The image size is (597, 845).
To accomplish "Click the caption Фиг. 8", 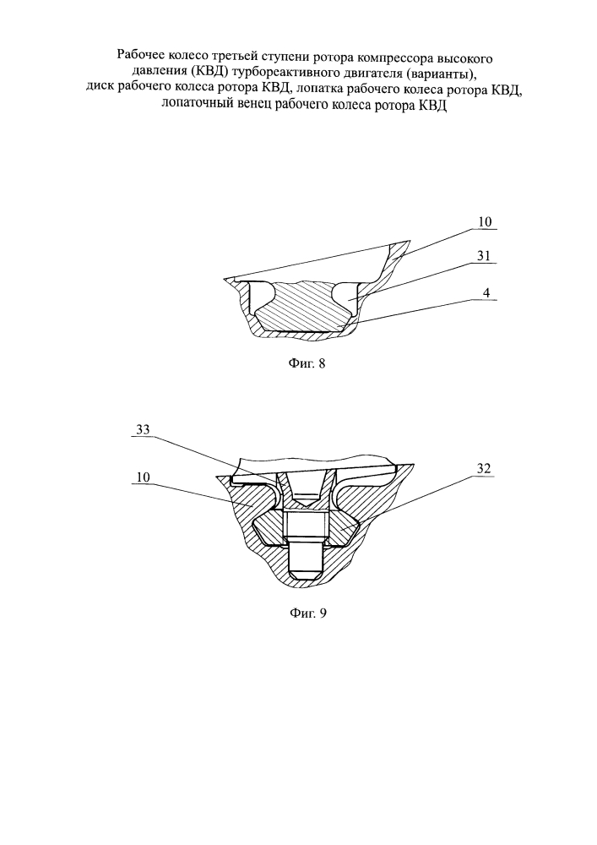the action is point(307,363).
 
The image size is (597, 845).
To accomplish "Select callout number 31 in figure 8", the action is point(484,256).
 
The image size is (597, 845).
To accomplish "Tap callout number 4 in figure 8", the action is point(486,293).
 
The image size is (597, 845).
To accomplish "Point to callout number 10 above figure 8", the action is point(485,222).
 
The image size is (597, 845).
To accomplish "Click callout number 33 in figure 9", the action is point(144,429).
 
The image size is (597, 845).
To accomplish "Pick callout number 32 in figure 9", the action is point(484,469).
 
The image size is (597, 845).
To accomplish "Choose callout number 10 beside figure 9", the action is point(144,477).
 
